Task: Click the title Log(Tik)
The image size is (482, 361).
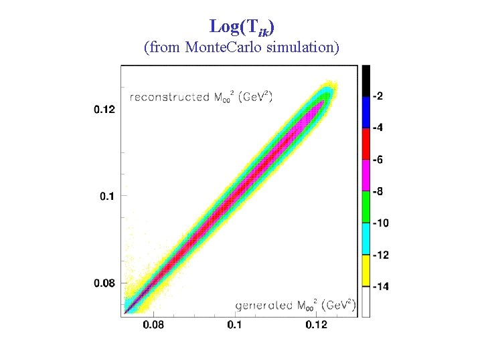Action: click(242, 27)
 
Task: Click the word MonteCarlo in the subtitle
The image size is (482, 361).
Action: click(223, 47)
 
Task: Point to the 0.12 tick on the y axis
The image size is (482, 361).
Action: click(104, 109)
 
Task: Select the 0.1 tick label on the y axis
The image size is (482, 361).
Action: click(107, 196)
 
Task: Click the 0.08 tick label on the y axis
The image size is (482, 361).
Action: click(104, 283)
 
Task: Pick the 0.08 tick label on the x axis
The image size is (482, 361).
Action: click(153, 324)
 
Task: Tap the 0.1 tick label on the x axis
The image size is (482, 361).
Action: click(234, 324)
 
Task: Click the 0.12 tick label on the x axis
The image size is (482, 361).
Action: click(316, 324)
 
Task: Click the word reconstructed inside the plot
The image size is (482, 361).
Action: click(169, 98)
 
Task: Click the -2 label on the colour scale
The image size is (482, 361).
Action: click(378, 96)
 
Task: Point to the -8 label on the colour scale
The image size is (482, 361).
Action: click(378, 192)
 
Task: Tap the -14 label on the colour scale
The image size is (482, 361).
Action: click(380, 287)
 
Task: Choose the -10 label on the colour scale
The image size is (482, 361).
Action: click(380, 223)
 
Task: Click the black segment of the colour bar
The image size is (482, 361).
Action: click(366, 81)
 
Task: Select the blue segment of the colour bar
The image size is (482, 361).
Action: click(366, 113)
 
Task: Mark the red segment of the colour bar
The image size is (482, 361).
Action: click(366, 144)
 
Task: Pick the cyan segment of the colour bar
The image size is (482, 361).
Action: click(366, 239)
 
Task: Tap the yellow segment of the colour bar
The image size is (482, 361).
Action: click(366, 271)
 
